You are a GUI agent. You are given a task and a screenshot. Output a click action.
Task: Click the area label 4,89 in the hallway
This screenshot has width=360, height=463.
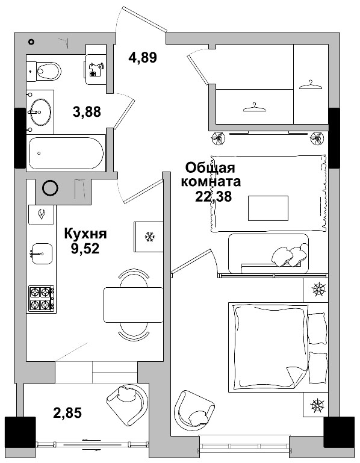[x=143, y=58]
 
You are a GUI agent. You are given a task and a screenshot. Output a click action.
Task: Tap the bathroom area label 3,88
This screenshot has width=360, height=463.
[x=87, y=111]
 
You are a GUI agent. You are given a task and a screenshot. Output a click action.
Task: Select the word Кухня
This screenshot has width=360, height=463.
[x=85, y=234]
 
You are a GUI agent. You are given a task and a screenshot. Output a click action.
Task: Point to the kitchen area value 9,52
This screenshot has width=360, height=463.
[x=85, y=249]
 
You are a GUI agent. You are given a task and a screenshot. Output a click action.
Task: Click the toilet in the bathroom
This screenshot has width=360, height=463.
[x=45, y=72]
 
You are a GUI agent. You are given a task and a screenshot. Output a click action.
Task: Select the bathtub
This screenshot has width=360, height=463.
[x=66, y=153]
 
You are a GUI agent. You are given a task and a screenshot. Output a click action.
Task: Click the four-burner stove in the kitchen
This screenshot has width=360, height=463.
[x=42, y=299]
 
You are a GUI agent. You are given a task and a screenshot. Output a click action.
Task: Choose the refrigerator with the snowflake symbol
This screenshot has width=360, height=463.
[x=148, y=237]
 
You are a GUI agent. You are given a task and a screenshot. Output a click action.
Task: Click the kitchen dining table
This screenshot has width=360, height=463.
[x=133, y=305]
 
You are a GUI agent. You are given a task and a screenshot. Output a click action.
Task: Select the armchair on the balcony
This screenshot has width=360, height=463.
[x=126, y=403]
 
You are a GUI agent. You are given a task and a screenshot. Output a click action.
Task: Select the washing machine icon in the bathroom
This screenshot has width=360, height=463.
[x=95, y=70]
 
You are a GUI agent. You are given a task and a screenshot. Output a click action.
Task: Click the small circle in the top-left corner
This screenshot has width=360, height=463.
[x=31, y=41]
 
